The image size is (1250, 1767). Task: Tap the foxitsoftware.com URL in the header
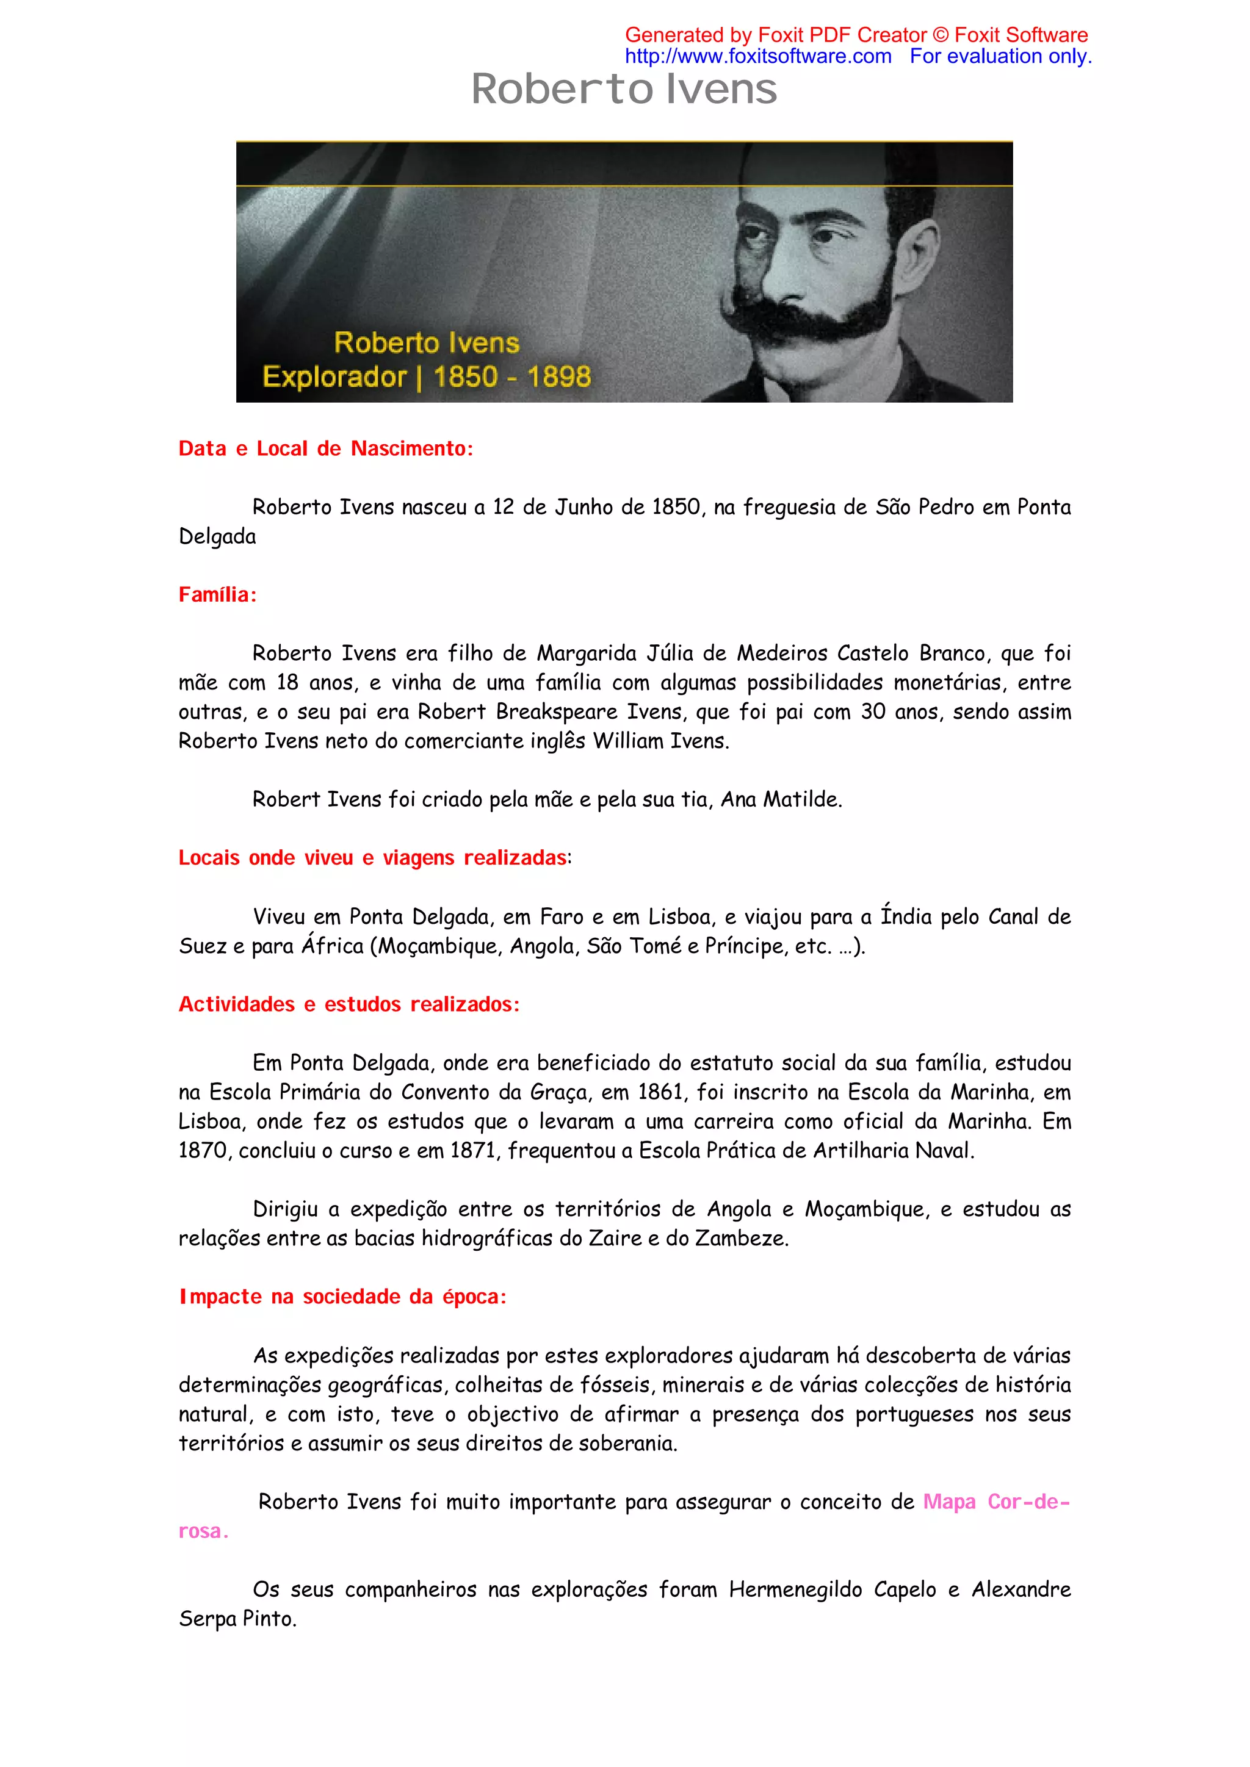tap(757, 56)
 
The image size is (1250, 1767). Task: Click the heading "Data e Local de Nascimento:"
tap(325, 448)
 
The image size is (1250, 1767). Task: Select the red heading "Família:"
tap(217, 594)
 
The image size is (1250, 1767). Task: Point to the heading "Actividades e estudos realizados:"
tap(349, 1004)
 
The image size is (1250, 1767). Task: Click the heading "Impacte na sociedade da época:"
tap(342, 1297)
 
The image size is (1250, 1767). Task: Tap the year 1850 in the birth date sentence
tap(675, 507)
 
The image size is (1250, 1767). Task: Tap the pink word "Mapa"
tap(949, 1502)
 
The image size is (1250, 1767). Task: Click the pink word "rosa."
tap(203, 1531)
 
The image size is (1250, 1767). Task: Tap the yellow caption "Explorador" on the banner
tap(334, 377)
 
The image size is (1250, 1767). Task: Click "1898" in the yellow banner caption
tap(559, 377)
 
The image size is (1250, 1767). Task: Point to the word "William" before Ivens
tap(623, 741)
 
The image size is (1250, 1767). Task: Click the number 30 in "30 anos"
tap(873, 712)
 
